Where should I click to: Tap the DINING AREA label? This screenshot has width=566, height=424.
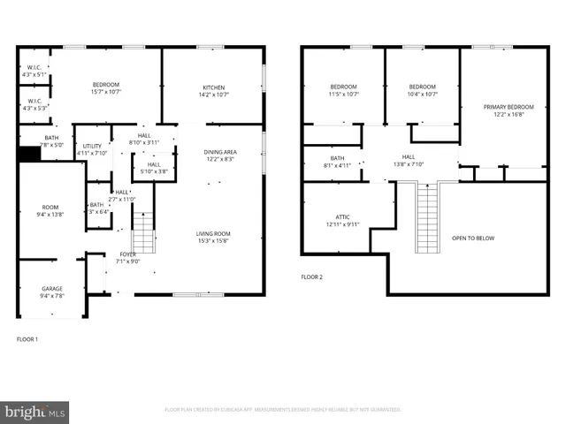[x=221, y=152]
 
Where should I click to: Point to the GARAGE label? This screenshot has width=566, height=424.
[x=52, y=289]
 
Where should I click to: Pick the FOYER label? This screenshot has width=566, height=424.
[x=128, y=254]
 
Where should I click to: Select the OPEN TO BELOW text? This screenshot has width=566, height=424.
[x=473, y=238]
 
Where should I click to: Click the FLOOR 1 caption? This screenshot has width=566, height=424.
[x=28, y=338]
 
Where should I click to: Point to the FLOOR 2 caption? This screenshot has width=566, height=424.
[x=312, y=277]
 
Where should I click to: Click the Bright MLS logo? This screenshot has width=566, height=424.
[x=35, y=411]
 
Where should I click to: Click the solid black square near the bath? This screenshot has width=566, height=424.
[x=30, y=154]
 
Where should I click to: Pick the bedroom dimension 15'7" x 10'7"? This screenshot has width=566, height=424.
[x=106, y=92]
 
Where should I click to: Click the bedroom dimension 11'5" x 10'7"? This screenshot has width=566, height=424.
[x=342, y=93]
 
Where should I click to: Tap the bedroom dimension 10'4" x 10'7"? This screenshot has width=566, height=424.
[x=423, y=93]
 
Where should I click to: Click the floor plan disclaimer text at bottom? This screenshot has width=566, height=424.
[x=283, y=410]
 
